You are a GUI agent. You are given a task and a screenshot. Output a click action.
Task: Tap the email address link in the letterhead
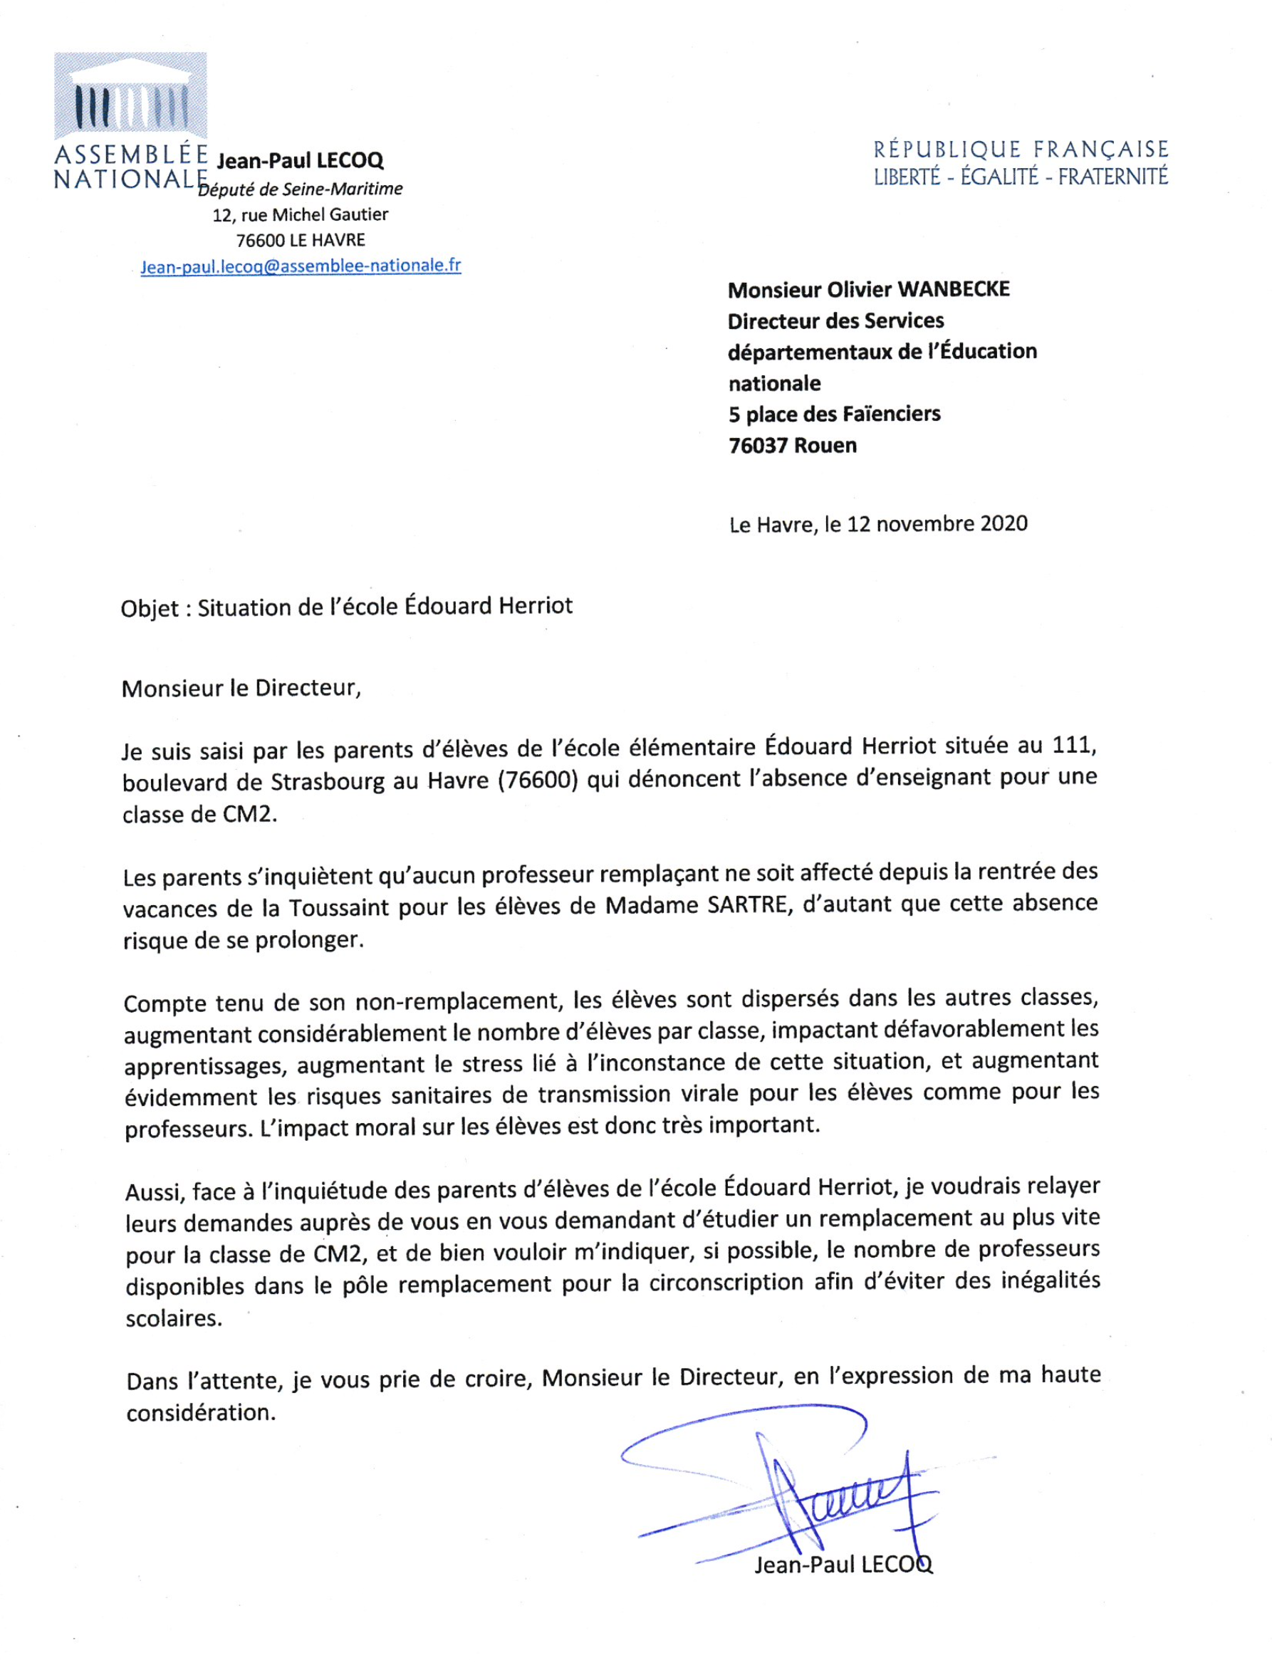301,266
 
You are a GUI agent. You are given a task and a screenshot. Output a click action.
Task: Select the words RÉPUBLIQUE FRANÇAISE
1021,149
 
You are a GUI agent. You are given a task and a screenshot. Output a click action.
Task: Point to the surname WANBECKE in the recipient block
953,289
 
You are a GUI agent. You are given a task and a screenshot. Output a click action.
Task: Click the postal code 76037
758,445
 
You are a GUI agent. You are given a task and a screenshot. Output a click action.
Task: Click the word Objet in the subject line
149,609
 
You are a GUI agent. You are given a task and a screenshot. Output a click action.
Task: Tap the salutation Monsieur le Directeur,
241,688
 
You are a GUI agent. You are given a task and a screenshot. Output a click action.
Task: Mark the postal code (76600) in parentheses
538,780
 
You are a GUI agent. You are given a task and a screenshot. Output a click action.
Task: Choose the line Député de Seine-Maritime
301,189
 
